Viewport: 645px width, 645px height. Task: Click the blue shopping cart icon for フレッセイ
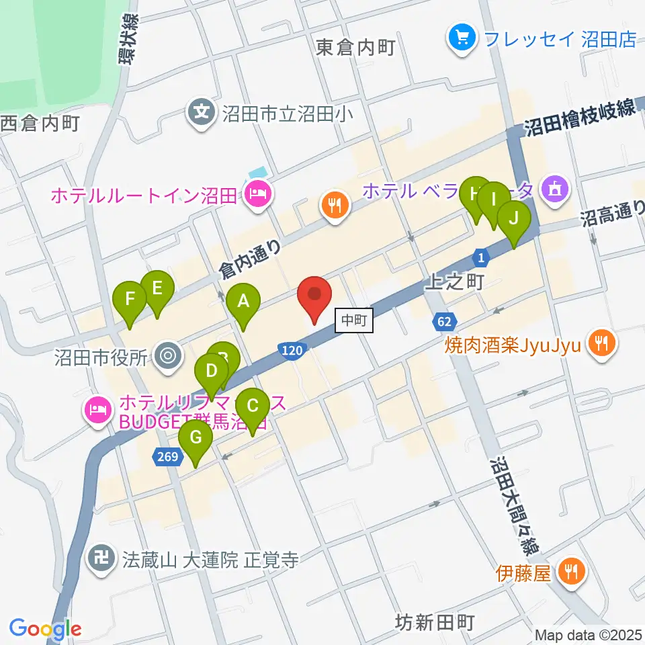coord(462,38)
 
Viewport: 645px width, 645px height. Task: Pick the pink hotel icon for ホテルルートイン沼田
coord(258,196)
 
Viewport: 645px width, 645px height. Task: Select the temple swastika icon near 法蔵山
coord(102,559)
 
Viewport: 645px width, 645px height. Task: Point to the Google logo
coord(45,629)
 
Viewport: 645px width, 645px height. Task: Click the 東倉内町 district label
coord(355,47)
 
